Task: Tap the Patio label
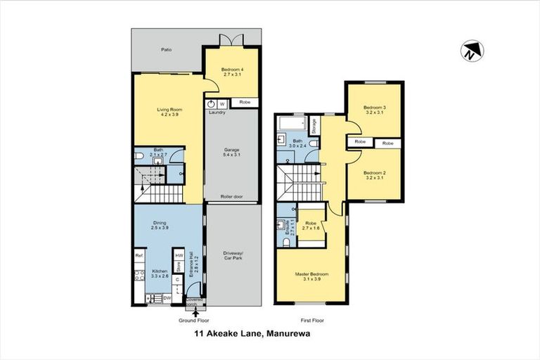pyautogui.click(x=166, y=50)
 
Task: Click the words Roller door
pyautogui.click(x=231, y=197)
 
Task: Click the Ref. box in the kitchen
pyautogui.click(x=139, y=257)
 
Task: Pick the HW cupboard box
pyautogui.click(x=179, y=256)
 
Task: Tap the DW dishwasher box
pyautogui.click(x=167, y=298)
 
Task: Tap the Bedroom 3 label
pyautogui.click(x=373, y=110)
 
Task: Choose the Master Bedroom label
pyautogui.click(x=311, y=276)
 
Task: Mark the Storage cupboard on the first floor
pyautogui.click(x=314, y=124)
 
